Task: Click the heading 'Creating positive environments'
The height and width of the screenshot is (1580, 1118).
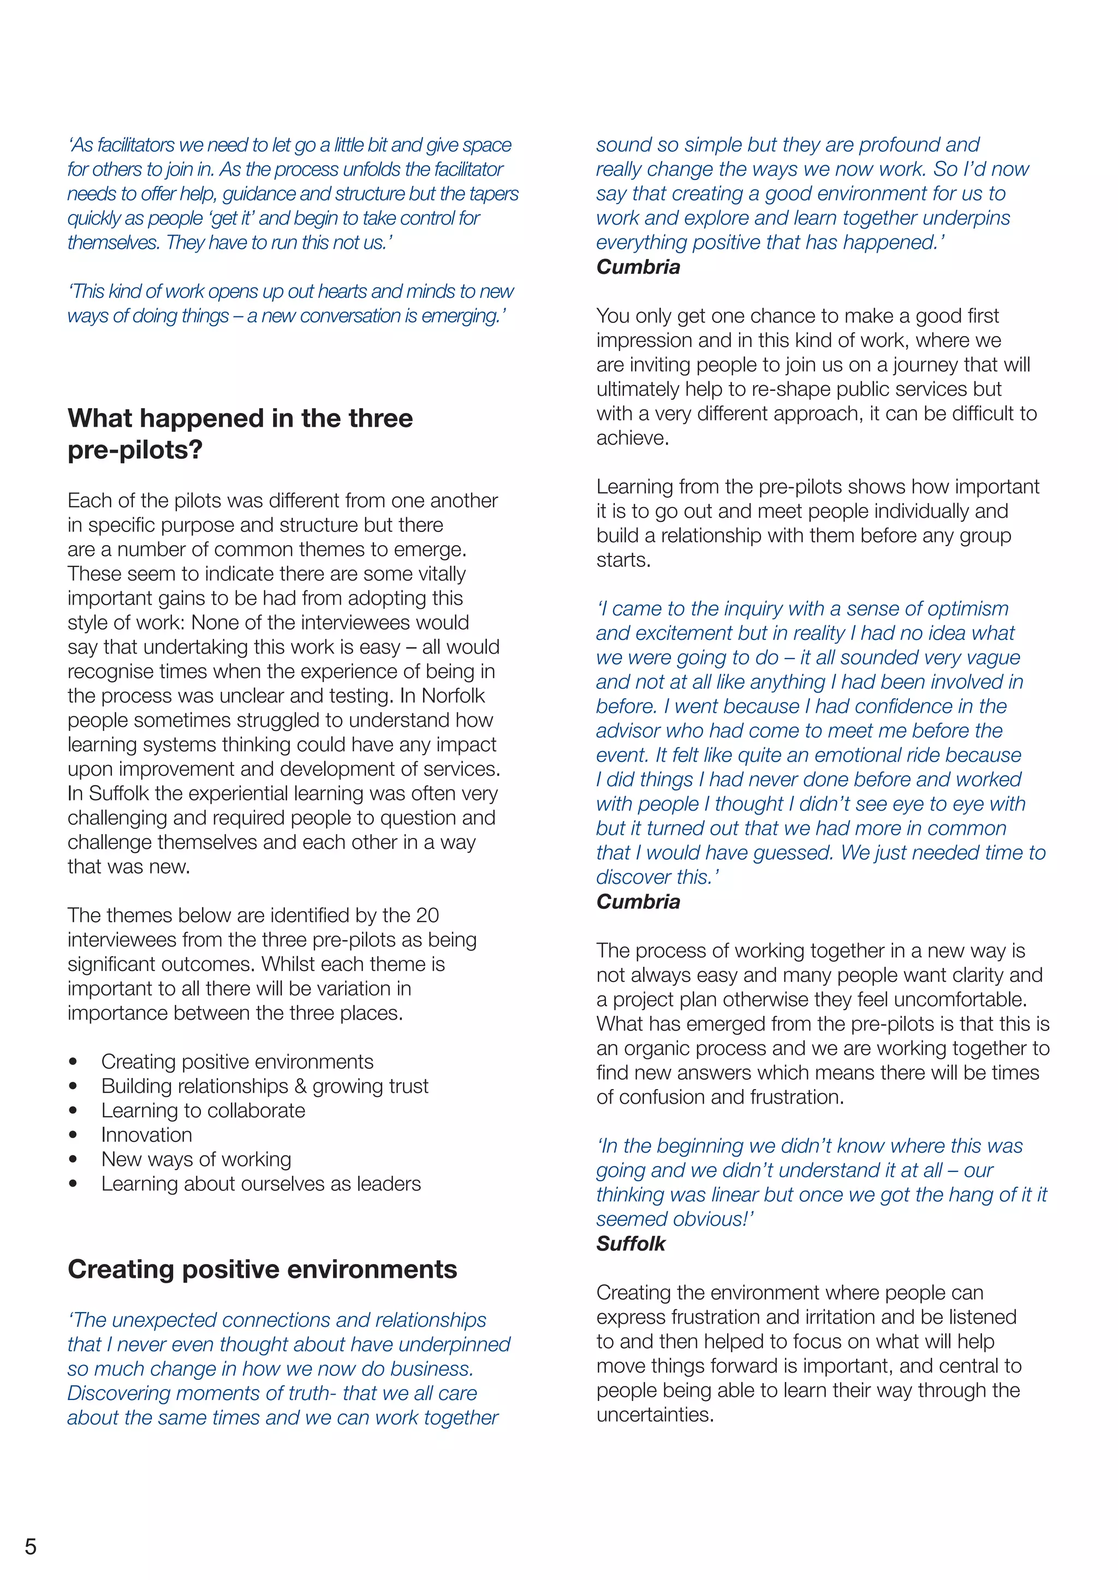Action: [x=262, y=1269]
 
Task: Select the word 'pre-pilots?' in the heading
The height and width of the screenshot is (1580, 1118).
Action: [x=135, y=450]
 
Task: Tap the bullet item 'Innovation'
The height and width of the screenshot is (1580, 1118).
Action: [x=147, y=1135]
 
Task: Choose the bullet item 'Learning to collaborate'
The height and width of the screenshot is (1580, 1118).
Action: [x=203, y=1110]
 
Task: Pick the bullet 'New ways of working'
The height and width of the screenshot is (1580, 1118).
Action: [x=196, y=1159]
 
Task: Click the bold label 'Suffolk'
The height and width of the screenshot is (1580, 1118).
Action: [x=631, y=1243]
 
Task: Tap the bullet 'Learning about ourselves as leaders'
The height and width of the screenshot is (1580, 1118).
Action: [x=261, y=1183]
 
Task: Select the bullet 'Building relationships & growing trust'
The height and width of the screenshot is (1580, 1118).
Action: [x=264, y=1086]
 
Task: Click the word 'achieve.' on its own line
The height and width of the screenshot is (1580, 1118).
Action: [x=633, y=438]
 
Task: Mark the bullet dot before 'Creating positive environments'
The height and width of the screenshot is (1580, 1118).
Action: [x=73, y=1062]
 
